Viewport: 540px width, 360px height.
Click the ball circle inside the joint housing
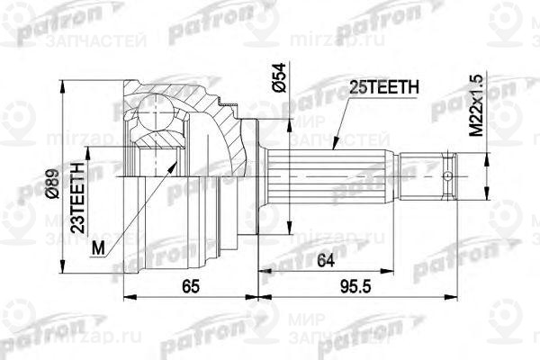point(157,117)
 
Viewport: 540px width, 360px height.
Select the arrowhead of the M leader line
point(171,166)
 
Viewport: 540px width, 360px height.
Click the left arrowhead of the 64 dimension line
point(262,269)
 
